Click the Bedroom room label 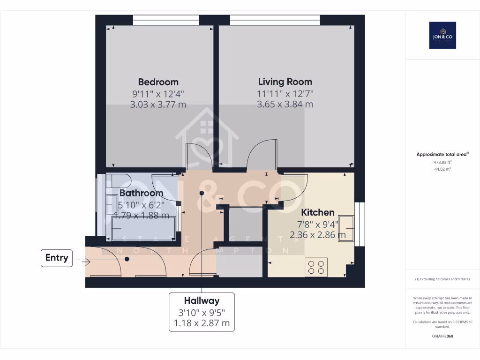pyautogui.click(x=158, y=82)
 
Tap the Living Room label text pyautogui.click(x=285, y=82)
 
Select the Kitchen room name pyautogui.click(x=317, y=212)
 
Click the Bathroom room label pyautogui.click(x=141, y=193)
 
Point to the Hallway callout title pyautogui.click(x=202, y=300)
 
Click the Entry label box pyautogui.click(x=57, y=258)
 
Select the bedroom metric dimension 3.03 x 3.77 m pyautogui.click(x=158, y=104)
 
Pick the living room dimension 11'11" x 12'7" pyautogui.click(x=285, y=94)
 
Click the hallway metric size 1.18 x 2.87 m pyautogui.click(x=202, y=323)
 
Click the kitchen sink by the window pyautogui.click(x=347, y=227)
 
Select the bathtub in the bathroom pyautogui.click(x=141, y=230)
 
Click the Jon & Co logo pyautogui.click(x=442, y=35)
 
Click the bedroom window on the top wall pyautogui.click(x=166, y=20)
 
